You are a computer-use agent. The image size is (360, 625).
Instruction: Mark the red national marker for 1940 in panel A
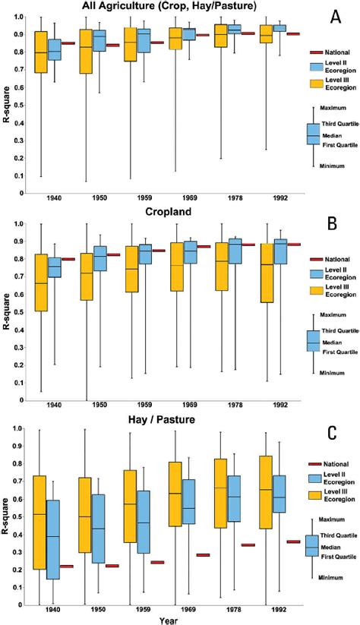click(x=68, y=43)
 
